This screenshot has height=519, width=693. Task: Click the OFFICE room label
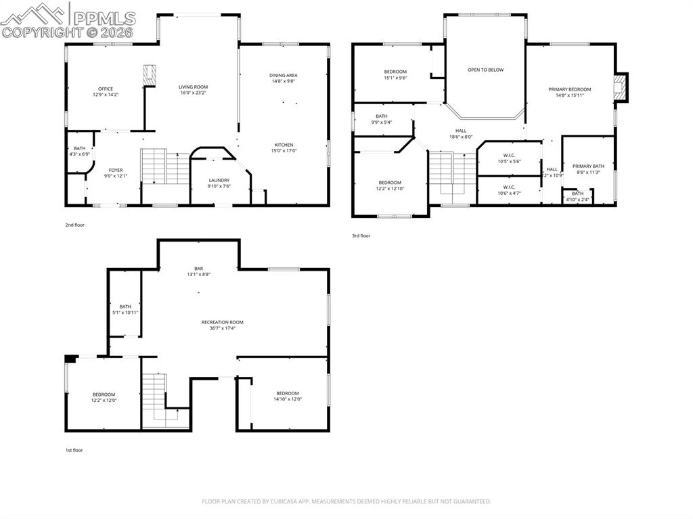[106, 89]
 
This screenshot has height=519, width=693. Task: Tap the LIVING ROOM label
[193, 87]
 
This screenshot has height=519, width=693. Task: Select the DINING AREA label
[283, 75]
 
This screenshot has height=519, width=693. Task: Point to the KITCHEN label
[283, 144]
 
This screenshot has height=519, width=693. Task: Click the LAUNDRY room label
[219, 180]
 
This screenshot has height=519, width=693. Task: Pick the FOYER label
[116, 170]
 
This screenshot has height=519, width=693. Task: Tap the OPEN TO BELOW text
[485, 70]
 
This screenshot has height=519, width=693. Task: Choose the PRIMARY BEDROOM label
[569, 89]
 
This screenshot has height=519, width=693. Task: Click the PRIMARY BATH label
[588, 166]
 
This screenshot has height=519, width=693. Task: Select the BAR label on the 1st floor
[198, 269]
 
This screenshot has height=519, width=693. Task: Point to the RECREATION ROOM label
[222, 322]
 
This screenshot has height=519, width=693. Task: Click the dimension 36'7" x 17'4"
[222, 328]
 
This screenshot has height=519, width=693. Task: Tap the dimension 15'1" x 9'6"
[395, 78]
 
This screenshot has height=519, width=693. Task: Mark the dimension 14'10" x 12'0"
[287, 399]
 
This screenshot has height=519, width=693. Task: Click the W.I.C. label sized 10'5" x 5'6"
[509, 155]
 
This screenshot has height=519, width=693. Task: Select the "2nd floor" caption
[74, 225]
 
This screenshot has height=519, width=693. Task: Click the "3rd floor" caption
[361, 235]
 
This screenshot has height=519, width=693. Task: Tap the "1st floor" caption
[74, 450]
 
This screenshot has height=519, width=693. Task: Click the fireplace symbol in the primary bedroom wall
[620, 86]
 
